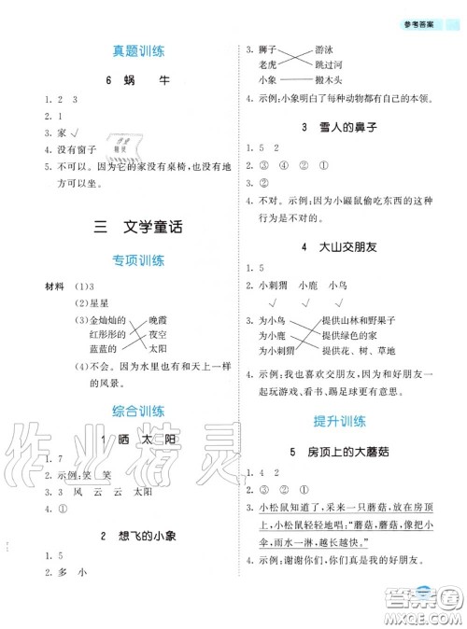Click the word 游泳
point(325,51)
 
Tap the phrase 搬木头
point(329,80)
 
